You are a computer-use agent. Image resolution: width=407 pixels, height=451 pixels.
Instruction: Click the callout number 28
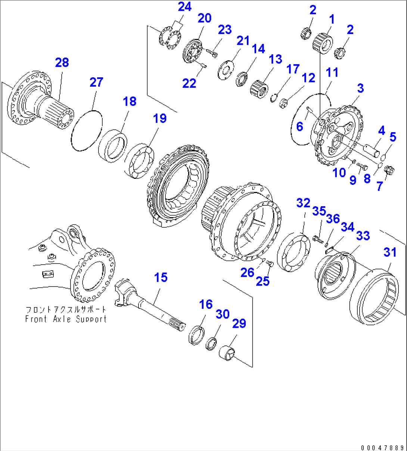tap(62, 62)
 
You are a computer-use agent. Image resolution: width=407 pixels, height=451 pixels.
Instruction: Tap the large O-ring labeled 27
tap(86, 130)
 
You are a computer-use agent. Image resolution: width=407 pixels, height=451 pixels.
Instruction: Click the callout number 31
tap(390, 252)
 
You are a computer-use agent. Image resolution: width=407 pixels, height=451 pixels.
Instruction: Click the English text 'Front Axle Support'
tap(66, 319)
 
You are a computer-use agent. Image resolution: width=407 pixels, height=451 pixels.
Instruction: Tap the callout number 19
tap(160, 118)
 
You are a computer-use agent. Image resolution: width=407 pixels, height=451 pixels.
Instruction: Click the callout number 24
tap(184, 7)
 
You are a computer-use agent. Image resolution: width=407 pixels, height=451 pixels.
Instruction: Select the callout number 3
tap(360, 88)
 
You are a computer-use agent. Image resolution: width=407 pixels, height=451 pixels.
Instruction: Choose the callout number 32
tap(303, 203)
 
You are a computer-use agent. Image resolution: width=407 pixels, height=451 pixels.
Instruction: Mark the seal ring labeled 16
tap(196, 335)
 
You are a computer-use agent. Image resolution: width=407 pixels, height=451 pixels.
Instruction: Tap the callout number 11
tap(332, 72)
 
